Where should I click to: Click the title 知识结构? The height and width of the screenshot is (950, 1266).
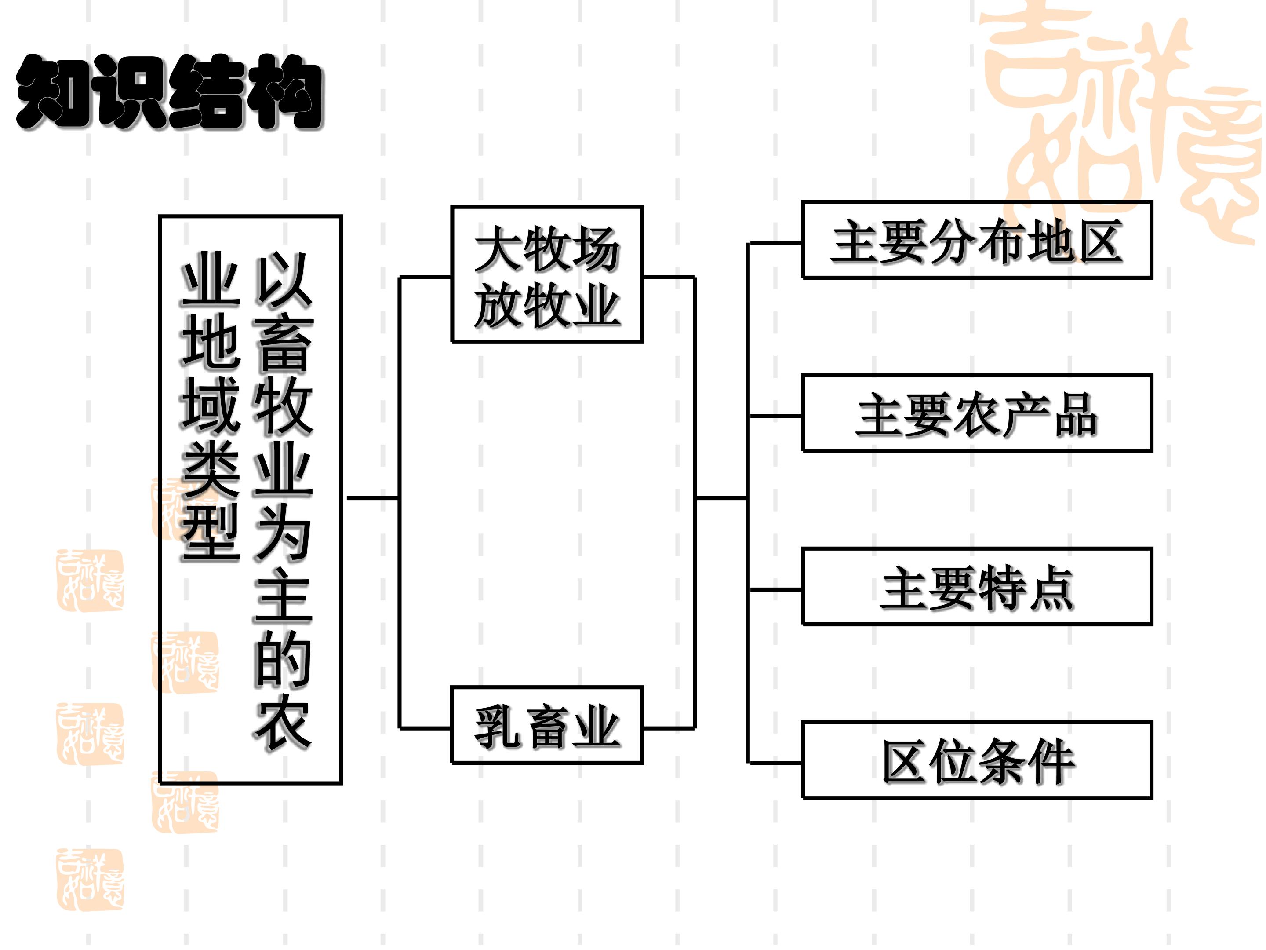(170, 91)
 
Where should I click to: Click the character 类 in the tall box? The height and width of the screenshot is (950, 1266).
(211, 468)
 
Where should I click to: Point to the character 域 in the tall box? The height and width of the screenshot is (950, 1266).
(211, 406)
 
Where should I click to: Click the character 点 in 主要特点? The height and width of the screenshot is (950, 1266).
(1050, 588)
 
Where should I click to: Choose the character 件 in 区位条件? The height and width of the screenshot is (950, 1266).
(1050, 762)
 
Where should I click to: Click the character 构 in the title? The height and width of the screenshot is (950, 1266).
(287, 93)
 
